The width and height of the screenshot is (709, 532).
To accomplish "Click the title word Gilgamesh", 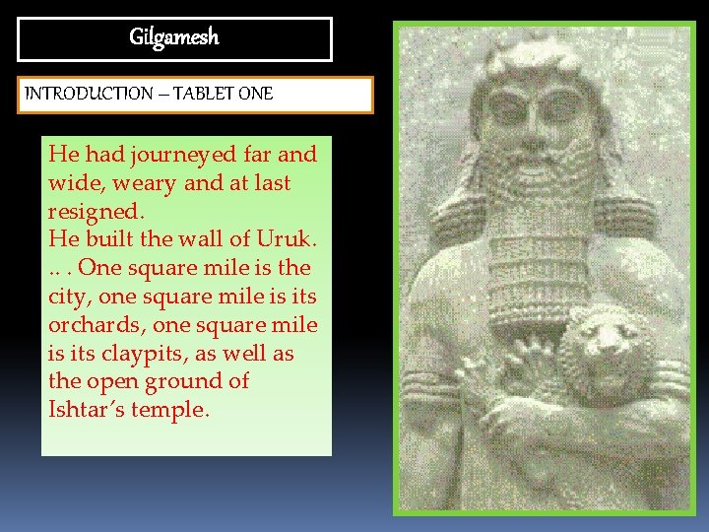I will click(174, 38).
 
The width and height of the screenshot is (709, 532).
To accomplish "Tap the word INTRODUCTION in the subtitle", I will click(83, 95).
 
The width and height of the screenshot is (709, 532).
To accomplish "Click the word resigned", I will click(94, 211).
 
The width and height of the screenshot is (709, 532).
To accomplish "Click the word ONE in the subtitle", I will click(254, 95).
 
